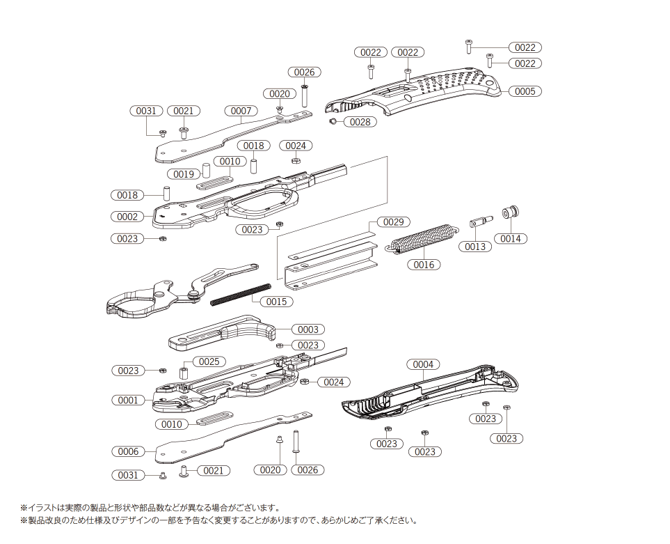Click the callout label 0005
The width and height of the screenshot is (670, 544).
525,91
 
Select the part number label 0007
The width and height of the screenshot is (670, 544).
241,111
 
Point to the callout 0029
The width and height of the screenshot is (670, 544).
393,222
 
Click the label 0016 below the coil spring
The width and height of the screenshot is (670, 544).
424,265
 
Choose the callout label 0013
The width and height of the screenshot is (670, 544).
475,247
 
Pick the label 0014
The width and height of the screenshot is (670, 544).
510,238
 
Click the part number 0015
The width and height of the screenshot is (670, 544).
276,302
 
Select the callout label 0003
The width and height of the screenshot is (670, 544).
308,329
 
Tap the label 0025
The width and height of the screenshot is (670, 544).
209,362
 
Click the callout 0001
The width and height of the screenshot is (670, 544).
128,401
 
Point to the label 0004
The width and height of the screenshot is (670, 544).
423,364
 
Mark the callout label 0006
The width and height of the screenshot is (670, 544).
128,451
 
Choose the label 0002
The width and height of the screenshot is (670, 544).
127,217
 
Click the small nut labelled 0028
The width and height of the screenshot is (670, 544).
334,121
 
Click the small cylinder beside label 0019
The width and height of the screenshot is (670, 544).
206,170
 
